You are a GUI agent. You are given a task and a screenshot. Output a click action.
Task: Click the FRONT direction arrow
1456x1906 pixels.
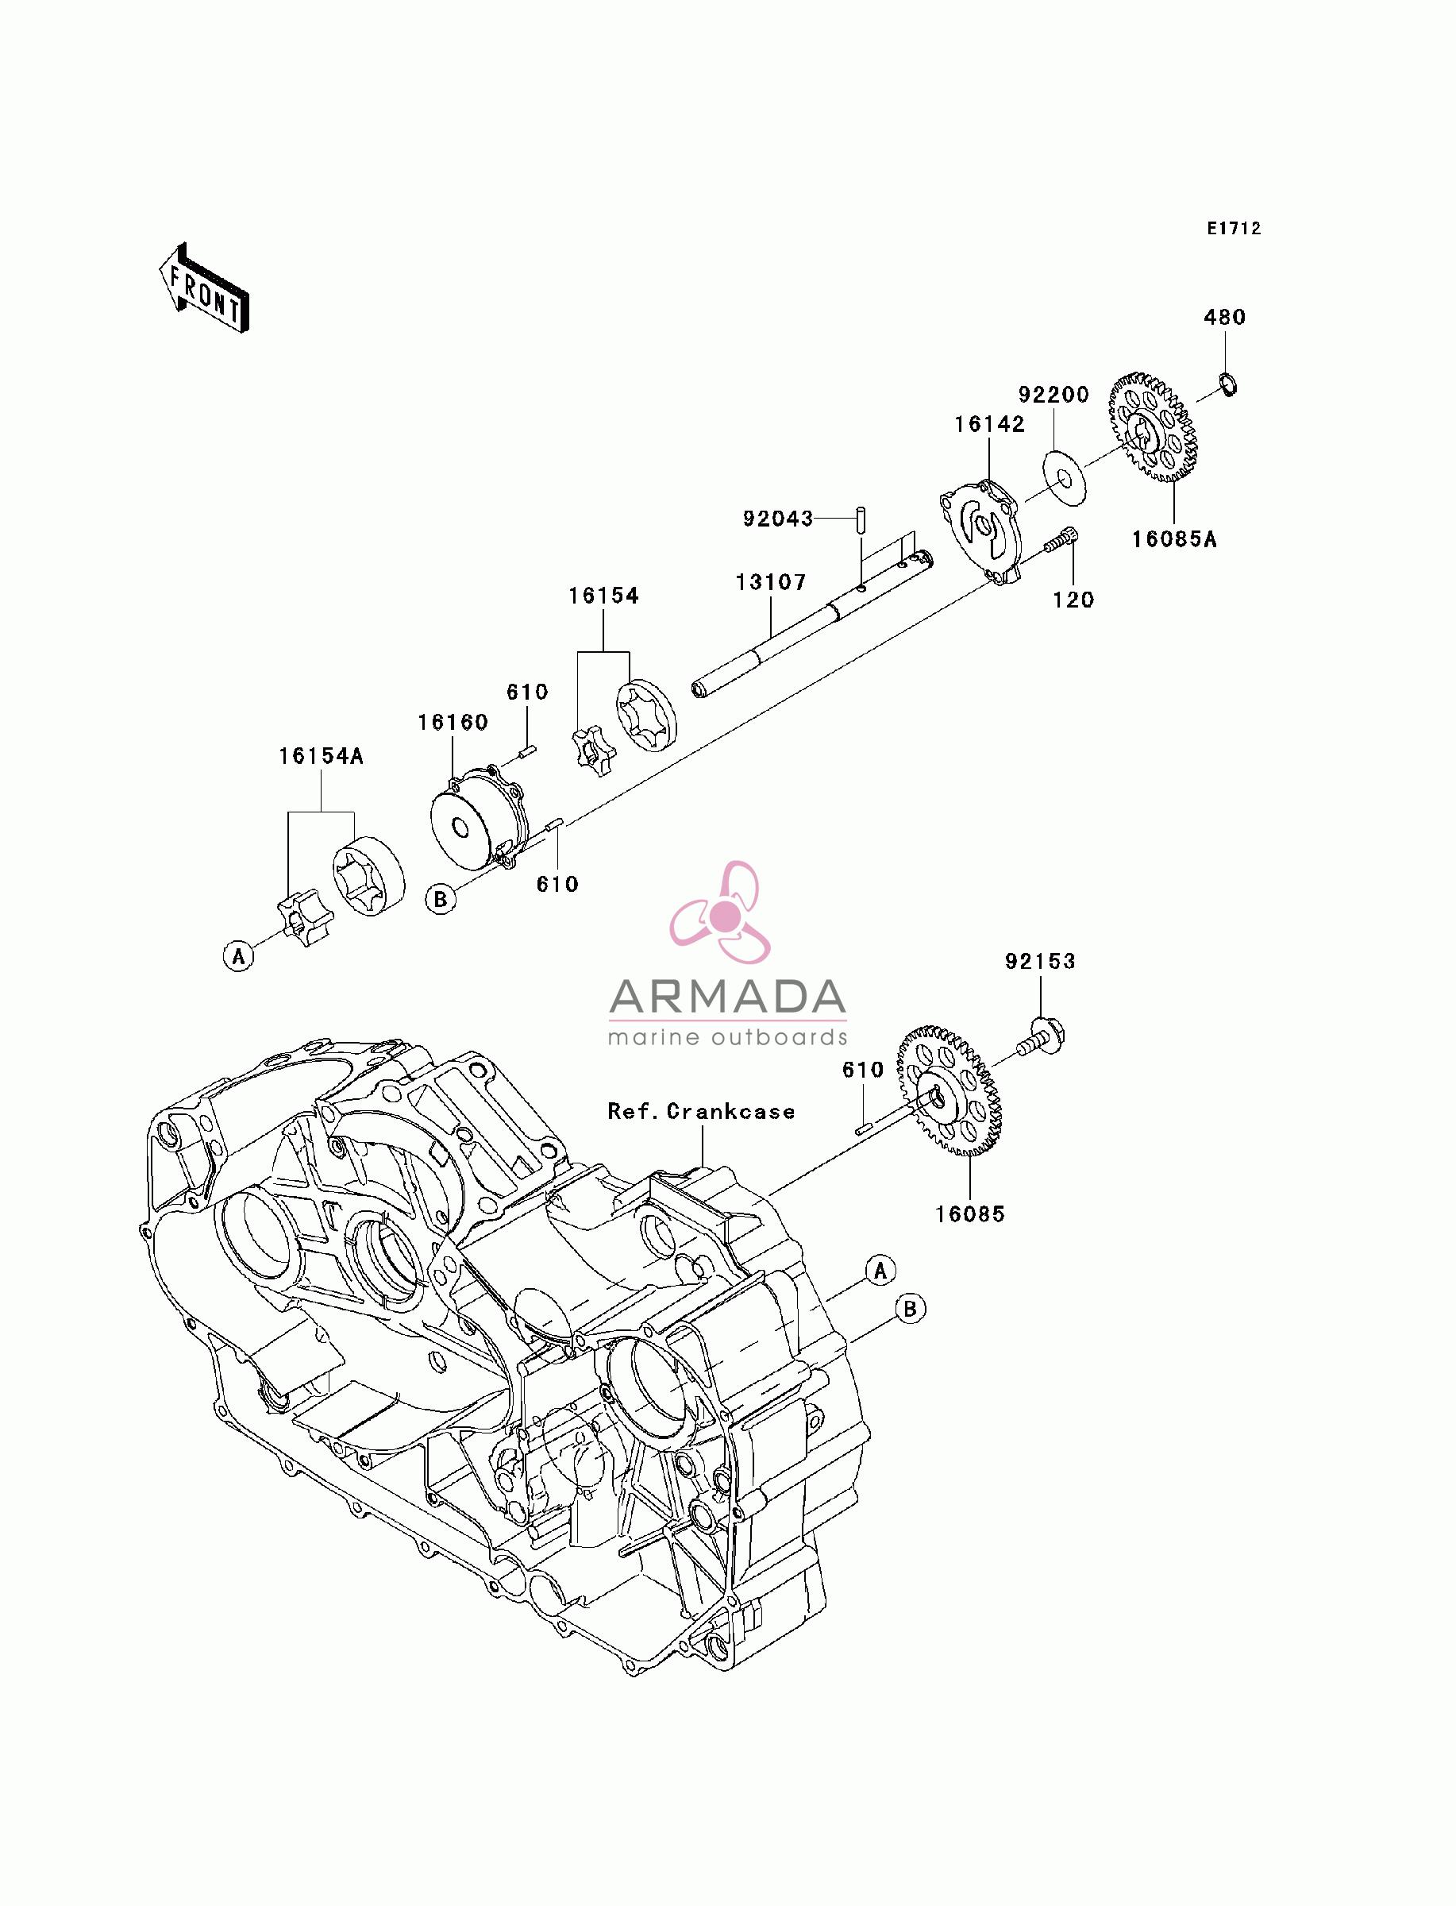coord(205,287)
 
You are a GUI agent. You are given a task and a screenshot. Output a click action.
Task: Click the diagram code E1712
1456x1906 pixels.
coord(1235,228)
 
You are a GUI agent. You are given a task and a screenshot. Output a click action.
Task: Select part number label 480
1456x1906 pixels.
coord(1225,317)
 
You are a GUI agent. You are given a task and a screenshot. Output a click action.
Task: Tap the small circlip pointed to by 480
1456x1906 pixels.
coord(1228,383)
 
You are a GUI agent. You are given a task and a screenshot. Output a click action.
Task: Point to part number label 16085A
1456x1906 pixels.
coord(1174,539)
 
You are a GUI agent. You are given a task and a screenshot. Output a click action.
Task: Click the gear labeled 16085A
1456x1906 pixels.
coord(1154,427)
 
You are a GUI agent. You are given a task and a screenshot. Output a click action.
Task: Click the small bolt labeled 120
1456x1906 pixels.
coord(1060,541)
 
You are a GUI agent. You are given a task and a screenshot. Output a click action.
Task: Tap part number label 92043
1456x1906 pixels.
coord(778,519)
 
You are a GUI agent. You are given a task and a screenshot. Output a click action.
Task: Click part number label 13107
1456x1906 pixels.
coord(770,581)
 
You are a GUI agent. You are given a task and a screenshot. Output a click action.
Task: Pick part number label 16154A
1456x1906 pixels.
coord(321,756)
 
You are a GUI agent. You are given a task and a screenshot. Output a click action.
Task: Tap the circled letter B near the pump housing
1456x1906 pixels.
coord(441,899)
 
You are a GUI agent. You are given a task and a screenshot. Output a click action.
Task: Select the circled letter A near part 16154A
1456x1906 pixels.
coord(238,956)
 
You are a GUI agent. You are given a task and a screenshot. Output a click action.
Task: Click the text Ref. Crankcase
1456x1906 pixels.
coord(701,1111)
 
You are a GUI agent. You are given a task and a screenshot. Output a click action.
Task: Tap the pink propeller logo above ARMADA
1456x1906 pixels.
coord(721,912)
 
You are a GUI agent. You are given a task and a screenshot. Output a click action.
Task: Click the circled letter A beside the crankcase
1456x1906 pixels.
coord(880,1271)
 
